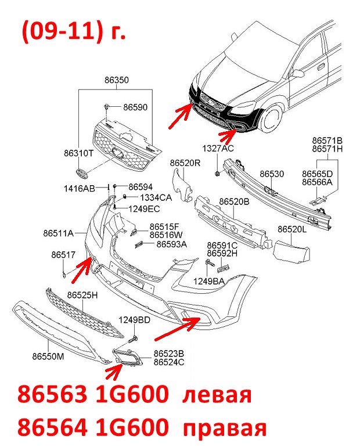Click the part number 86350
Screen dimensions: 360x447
(x=116, y=80)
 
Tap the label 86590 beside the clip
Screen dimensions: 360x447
(x=135, y=107)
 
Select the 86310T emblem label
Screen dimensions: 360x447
(x=78, y=153)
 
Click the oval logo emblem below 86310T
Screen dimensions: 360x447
(x=81, y=174)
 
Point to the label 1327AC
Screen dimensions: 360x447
(x=218, y=148)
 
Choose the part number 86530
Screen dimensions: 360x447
(x=272, y=174)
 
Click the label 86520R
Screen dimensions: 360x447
(x=185, y=163)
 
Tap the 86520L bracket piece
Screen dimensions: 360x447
(x=291, y=252)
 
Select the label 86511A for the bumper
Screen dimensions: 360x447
(x=59, y=233)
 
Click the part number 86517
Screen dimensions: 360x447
(x=63, y=255)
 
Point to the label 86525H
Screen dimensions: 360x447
(x=82, y=295)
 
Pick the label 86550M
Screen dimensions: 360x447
(x=48, y=356)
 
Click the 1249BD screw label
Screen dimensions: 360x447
(x=134, y=320)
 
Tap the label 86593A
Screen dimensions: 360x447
(x=172, y=244)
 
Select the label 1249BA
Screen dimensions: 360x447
(x=208, y=282)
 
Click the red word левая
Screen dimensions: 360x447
(x=217, y=395)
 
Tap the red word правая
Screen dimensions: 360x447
(x=225, y=428)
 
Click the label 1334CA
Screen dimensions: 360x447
(x=156, y=197)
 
